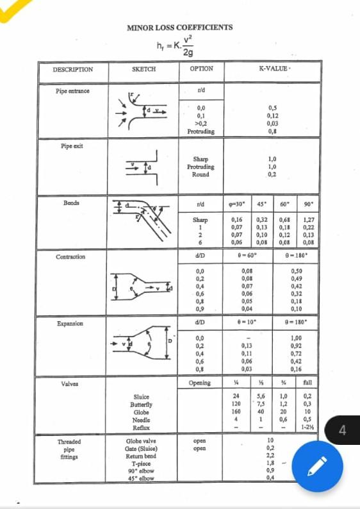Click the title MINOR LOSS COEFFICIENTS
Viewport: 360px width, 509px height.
(x=179, y=28)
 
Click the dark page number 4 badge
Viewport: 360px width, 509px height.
(x=342, y=430)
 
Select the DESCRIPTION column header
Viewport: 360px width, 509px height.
(x=72, y=69)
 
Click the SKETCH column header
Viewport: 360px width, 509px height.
(x=143, y=69)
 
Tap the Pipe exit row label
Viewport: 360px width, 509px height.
(x=72, y=146)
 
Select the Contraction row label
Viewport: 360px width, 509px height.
(x=70, y=257)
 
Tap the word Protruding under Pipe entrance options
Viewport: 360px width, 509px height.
(x=200, y=131)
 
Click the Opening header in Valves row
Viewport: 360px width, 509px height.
(x=200, y=383)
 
